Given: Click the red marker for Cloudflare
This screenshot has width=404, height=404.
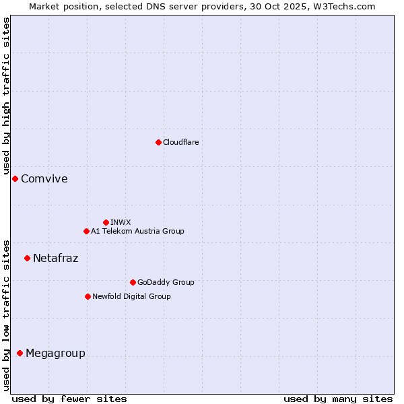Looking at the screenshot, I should [158, 142].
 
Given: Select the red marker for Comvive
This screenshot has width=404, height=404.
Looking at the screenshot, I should [15, 178].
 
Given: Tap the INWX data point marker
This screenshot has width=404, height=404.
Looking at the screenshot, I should [106, 222].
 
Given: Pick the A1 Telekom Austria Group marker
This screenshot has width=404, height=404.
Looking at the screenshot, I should [86, 231].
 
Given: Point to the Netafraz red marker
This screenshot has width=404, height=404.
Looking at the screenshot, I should [27, 258].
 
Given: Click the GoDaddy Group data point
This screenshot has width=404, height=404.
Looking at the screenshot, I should [133, 282].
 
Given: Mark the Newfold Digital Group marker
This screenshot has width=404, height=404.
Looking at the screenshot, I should [88, 296].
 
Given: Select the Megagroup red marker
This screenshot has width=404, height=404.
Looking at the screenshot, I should [20, 353].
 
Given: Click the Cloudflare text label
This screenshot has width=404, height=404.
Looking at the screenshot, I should [180, 142].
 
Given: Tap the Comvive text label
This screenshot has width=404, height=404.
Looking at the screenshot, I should [44, 178].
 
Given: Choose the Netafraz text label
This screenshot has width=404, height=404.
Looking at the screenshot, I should [55, 258].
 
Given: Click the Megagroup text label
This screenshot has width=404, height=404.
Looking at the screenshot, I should [55, 353].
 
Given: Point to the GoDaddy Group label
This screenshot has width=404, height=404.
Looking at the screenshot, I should [166, 282].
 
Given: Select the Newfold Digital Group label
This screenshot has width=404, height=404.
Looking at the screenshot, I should [131, 296].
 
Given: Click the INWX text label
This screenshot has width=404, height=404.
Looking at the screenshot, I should [121, 222].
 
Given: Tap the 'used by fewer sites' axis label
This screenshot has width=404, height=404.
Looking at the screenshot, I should [69, 399].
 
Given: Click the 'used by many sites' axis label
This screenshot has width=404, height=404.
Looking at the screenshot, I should [338, 399].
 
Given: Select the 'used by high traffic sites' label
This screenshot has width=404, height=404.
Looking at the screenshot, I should [6, 96].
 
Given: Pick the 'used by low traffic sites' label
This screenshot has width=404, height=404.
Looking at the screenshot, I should [6, 315].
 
